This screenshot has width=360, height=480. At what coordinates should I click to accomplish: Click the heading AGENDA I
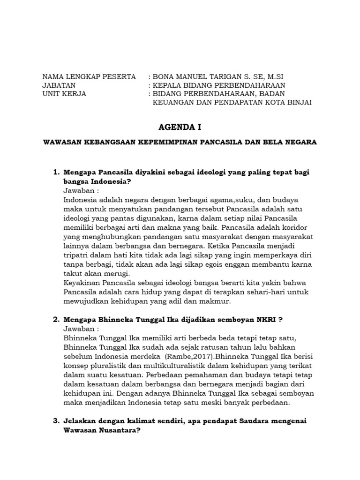tap(180, 127)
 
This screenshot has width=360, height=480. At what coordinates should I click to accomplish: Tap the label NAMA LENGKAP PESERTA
tap(89, 76)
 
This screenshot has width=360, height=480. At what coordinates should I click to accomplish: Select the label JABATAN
tap(59, 85)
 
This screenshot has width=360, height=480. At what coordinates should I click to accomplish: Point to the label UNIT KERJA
tap(64, 93)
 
